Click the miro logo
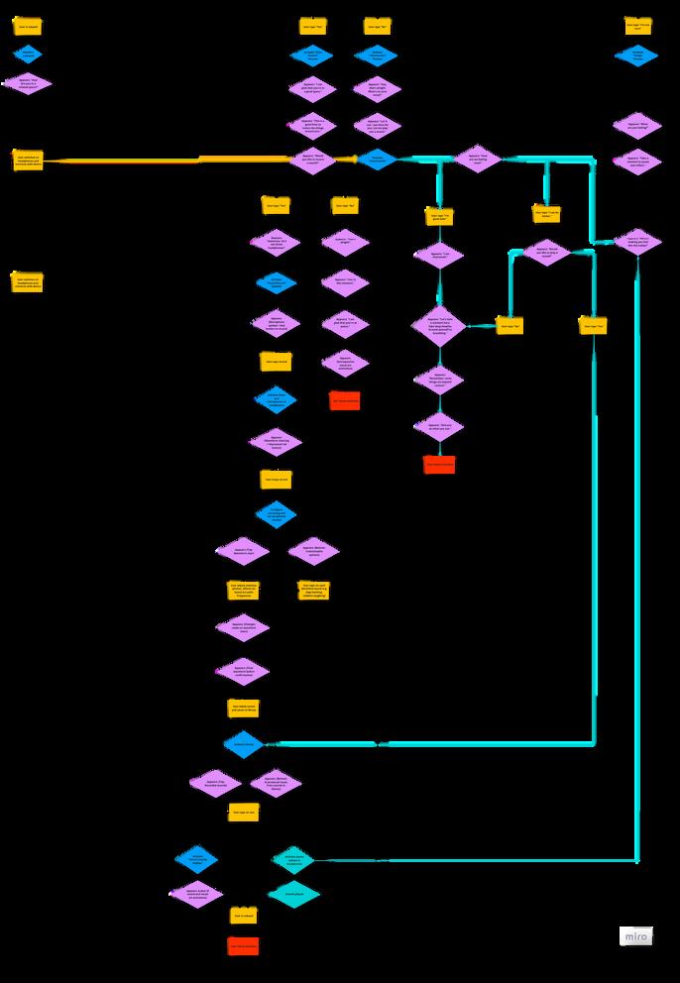tap(635, 936)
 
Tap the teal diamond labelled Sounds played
tap(293, 895)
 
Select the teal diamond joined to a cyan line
tap(292, 859)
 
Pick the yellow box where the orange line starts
tap(27, 159)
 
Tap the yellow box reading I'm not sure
tap(637, 26)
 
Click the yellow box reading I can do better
tap(546, 213)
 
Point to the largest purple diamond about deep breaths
tap(438, 325)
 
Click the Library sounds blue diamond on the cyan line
tap(244, 744)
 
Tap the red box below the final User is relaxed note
tap(243, 945)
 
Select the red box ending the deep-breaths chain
tap(439, 464)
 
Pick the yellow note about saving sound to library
tap(243, 709)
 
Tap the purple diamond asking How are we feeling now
tap(478, 159)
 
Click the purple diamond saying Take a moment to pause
tap(637, 161)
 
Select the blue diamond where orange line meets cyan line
tap(377, 159)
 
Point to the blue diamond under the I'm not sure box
tap(636, 55)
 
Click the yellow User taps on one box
tap(243, 812)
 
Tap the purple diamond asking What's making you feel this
tap(637, 242)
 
